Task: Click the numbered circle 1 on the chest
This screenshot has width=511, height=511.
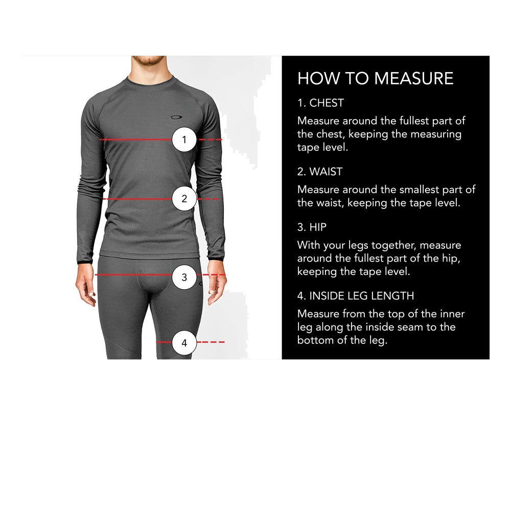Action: coord(184,139)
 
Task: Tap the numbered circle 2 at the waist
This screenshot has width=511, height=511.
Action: coord(184,199)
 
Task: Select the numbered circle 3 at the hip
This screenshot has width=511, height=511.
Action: coord(184,277)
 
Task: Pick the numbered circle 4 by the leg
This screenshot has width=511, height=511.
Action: coord(184,343)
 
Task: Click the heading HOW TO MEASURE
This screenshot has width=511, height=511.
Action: coord(375,78)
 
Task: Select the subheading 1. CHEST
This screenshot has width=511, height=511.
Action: coord(320,103)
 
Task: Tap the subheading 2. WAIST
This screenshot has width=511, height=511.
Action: coord(320,171)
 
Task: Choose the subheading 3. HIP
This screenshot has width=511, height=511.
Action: coord(312,226)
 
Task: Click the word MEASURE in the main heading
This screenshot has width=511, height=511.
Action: coord(414,78)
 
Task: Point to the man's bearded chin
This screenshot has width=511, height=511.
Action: coord(147,63)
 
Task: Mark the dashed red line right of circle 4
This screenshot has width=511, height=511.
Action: coord(211,342)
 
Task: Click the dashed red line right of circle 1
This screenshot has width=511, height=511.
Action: coord(210,139)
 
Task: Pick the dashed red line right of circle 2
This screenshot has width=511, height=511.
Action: coord(208,199)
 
